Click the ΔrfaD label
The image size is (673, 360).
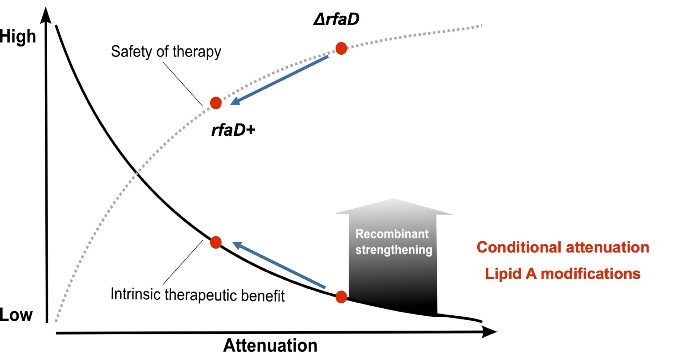tap(336, 19)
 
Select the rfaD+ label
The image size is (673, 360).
tap(233, 130)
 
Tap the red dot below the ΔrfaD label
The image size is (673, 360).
tap(341, 48)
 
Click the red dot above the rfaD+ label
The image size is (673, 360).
tap(216, 103)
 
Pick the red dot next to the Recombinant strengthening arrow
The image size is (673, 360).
tap(341, 297)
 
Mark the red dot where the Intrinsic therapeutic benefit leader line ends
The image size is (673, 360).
tap(216, 242)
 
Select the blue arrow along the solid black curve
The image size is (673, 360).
tap(279, 264)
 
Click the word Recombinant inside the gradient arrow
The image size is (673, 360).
tap(392, 234)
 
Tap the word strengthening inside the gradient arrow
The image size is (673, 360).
tap(394, 250)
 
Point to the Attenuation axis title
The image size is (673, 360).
tap(270, 345)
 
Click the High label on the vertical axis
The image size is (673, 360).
tap(18, 36)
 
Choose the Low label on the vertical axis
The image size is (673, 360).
tap(16, 315)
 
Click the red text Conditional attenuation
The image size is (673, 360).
tap(563, 247)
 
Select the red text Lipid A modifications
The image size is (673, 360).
tap(563, 274)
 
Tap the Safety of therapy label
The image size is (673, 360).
tap(166, 52)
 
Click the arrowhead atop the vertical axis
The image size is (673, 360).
tap(46, 15)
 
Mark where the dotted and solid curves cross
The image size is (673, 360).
tap(137, 173)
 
